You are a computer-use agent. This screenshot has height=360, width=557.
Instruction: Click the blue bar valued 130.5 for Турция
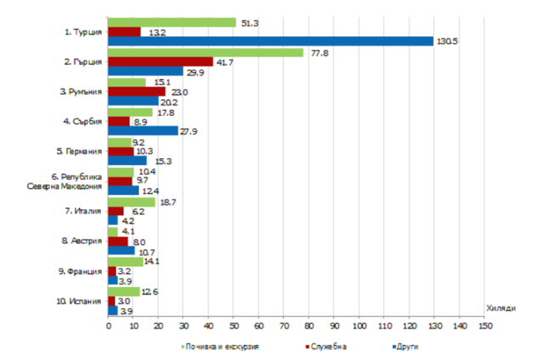coord(271,41)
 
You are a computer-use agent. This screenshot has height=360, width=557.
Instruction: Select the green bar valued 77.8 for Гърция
coord(205,52)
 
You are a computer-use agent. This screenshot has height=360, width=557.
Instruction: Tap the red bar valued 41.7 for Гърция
coord(160,62)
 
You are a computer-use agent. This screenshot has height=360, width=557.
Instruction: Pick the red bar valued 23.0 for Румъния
coord(137,91)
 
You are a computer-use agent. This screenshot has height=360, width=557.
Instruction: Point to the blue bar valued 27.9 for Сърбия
coord(143,130)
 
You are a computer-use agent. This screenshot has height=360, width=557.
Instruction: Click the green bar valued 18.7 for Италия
coord(132,202)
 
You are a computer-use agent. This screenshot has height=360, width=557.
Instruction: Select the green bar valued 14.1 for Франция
coord(126,261)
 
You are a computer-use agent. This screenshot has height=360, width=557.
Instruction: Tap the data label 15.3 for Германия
coord(160,160)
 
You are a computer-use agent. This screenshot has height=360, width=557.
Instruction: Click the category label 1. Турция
coord(83,32)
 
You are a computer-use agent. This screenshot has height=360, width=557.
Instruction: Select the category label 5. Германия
coord(79,151)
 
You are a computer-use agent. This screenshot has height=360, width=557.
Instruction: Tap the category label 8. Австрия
coord(81,241)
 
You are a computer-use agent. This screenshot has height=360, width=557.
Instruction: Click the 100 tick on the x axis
coord(359,325)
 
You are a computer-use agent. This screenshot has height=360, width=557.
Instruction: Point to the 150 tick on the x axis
coord(484,325)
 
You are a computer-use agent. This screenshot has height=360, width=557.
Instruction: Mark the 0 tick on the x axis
coord(108,325)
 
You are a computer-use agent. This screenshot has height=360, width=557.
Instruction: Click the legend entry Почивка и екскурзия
coord(220,346)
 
